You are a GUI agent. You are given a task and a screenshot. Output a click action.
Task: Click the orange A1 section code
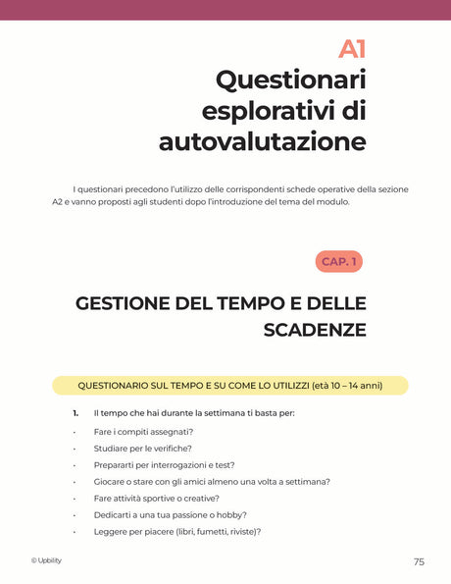pos(351,48)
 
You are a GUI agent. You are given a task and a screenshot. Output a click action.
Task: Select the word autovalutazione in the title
pos(262,141)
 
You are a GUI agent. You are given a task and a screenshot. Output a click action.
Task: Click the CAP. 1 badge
pos(339,261)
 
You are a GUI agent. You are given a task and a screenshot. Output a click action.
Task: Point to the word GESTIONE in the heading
pos(124,303)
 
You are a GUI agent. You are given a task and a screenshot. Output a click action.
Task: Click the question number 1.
pos(75,413)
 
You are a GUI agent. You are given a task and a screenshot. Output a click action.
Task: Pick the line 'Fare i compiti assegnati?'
pos(143,432)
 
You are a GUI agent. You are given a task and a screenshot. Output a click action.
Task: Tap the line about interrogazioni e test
pos(164,465)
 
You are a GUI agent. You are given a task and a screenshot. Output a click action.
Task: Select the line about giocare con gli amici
pos(211,482)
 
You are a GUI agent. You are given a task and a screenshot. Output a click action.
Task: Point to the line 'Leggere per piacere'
pos(176,532)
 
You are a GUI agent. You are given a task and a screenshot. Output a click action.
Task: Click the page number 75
pos(419,562)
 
